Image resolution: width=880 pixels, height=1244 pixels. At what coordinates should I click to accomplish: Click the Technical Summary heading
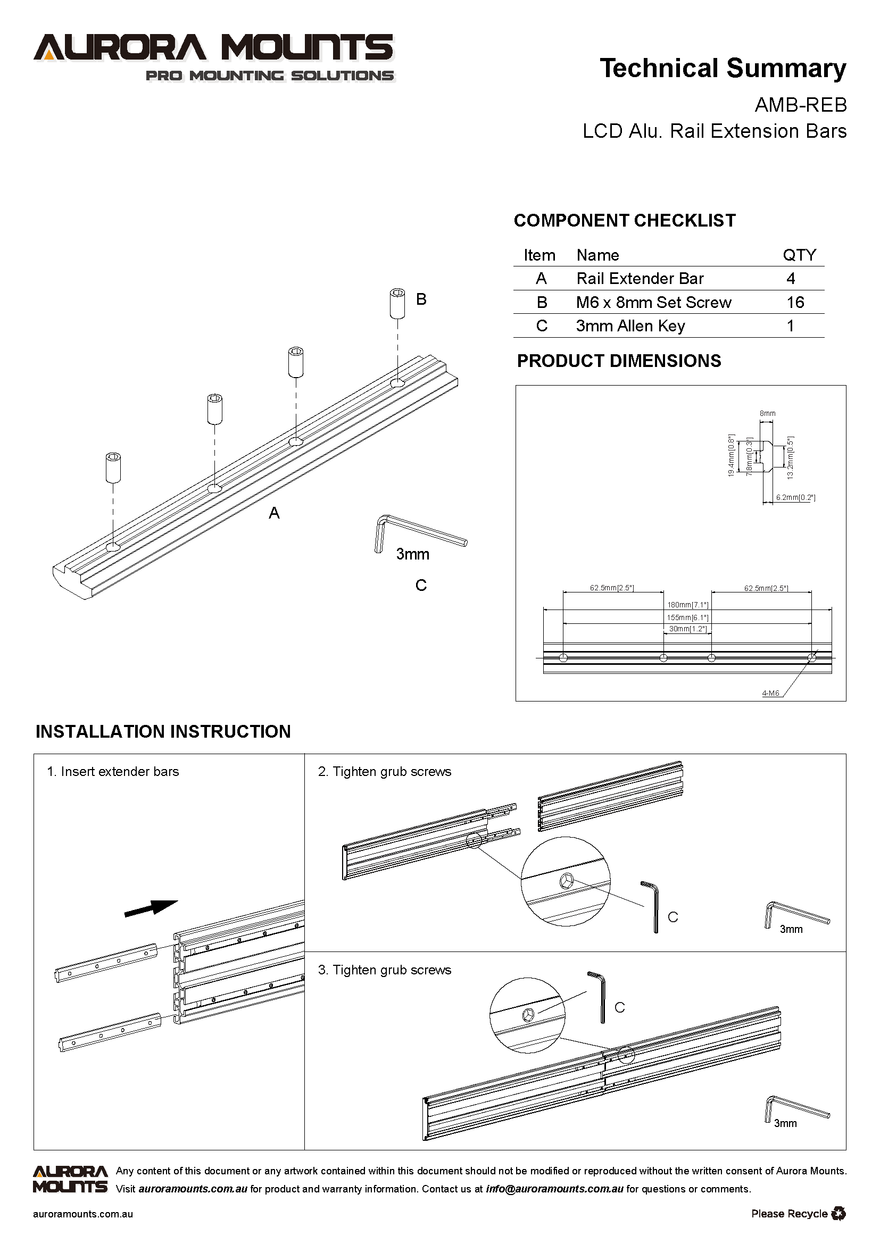coord(723,69)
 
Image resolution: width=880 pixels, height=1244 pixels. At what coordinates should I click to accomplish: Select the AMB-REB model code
coord(800,105)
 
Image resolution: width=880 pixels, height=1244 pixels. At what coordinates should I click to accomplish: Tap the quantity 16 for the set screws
coord(795,302)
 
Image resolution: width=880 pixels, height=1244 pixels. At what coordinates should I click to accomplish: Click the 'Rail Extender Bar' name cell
coord(640,279)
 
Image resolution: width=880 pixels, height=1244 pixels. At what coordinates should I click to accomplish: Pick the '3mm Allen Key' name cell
coord(630,326)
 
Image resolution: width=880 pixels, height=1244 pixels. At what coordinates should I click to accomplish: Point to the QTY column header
coord(799,255)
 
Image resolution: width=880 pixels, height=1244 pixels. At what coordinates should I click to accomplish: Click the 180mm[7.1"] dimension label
coord(687,605)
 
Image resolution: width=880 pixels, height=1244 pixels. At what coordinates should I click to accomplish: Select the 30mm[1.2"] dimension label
coord(687,629)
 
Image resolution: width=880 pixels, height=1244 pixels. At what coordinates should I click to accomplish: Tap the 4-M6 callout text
coord(770,693)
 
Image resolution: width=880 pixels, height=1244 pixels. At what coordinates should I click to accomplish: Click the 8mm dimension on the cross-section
coord(767,413)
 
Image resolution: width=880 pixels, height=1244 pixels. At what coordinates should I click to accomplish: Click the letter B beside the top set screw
coord(421,299)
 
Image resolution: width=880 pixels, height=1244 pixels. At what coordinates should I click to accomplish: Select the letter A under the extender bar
coord(274,513)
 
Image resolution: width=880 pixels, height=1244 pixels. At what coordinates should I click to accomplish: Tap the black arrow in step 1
coord(151,907)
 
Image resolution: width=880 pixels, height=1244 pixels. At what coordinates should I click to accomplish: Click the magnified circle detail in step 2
coord(565,881)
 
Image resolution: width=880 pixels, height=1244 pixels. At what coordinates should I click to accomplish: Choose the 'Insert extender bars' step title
coord(119,772)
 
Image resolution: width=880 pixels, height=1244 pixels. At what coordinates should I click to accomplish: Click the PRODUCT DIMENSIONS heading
coord(619,361)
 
